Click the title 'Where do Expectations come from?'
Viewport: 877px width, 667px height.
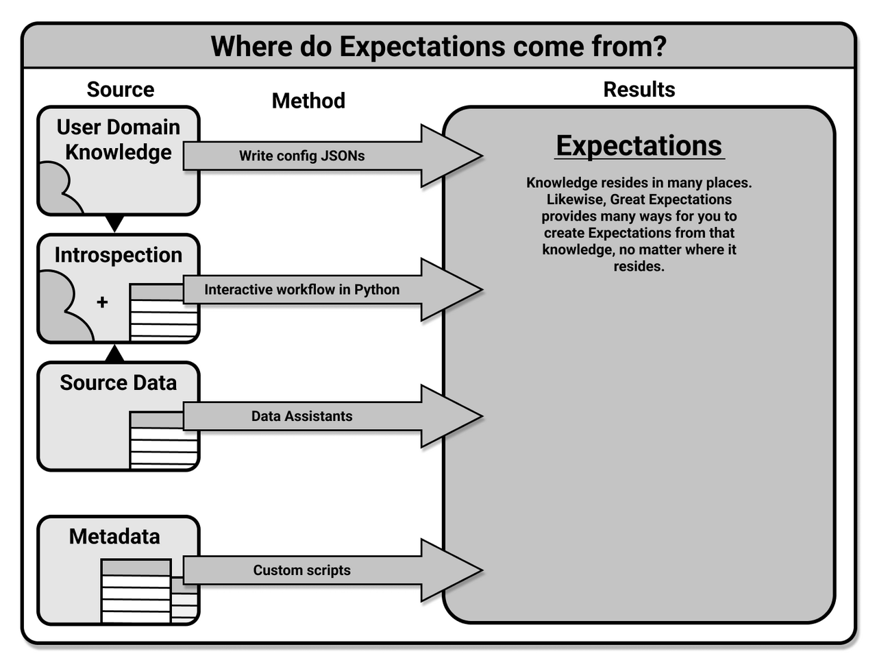(x=438, y=47)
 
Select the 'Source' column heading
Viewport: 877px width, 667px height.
(x=121, y=89)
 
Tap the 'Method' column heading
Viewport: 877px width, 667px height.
(x=308, y=101)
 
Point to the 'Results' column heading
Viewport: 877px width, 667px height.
(x=639, y=89)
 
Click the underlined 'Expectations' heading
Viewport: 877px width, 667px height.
(x=639, y=145)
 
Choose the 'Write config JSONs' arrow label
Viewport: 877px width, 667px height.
(x=301, y=156)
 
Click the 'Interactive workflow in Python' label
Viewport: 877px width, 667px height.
(x=301, y=289)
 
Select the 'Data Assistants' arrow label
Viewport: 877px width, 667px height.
(x=301, y=416)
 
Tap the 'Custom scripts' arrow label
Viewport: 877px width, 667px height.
(x=301, y=570)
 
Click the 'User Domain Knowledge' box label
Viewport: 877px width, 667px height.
(x=119, y=139)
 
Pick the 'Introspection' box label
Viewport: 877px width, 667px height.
(x=119, y=255)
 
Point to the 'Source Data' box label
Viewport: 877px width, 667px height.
(x=119, y=383)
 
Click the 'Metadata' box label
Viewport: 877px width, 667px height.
(x=114, y=536)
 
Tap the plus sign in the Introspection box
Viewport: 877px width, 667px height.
(x=102, y=302)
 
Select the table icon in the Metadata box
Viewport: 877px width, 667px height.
(x=136, y=591)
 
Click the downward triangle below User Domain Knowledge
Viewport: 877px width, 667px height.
(x=115, y=223)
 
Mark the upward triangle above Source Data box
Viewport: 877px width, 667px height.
(x=115, y=354)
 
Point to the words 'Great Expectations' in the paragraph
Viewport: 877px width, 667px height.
(x=671, y=199)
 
